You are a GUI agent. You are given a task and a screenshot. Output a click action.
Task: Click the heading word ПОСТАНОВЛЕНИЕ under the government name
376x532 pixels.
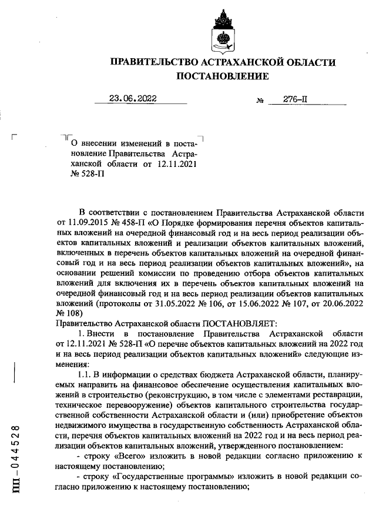tap(223, 76)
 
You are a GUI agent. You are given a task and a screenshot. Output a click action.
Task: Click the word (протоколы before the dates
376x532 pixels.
tap(123, 305)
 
